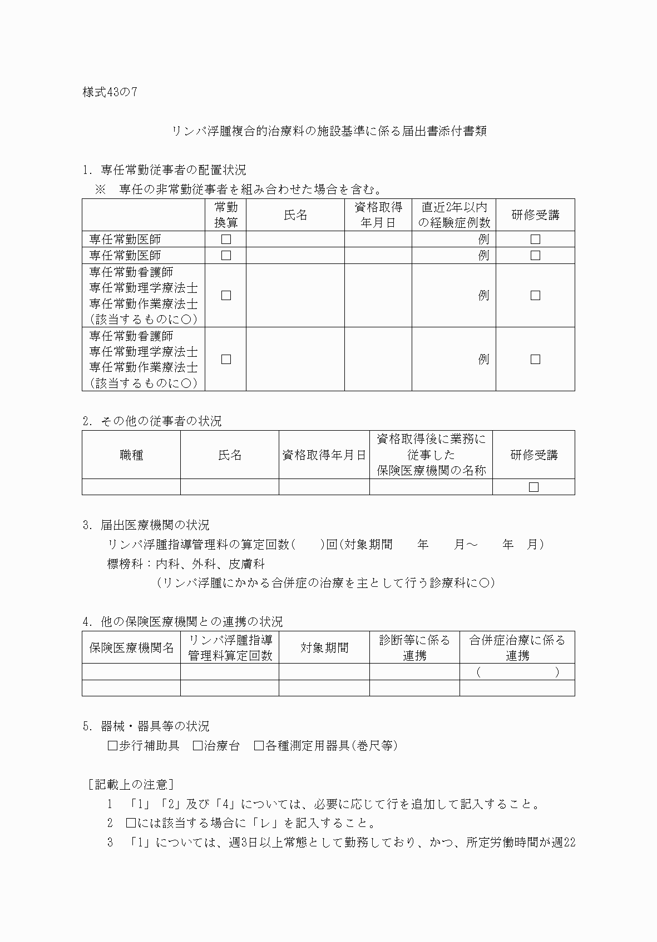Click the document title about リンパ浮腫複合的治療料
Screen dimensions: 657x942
(329, 132)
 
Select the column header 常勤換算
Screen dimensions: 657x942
(226, 215)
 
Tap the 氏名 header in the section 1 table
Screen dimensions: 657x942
(295, 215)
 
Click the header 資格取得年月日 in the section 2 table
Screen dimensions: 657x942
(324, 455)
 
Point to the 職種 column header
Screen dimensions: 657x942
(131, 455)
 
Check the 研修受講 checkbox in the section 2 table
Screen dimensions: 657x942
(533, 487)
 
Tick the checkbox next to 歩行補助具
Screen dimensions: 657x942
(112, 746)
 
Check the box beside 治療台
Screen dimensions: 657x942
(197, 746)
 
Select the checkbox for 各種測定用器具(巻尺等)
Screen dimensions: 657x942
(259, 746)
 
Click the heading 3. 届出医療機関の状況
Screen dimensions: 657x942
(146, 525)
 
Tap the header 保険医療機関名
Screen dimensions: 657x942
(131, 648)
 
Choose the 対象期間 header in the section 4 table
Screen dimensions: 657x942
(324, 648)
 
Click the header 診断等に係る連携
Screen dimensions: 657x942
(414, 648)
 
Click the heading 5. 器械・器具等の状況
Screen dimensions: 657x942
(146, 726)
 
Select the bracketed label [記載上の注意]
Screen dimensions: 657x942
(131, 785)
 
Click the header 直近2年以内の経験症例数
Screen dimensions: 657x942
(454, 215)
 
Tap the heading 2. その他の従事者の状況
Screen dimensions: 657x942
(152, 421)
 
